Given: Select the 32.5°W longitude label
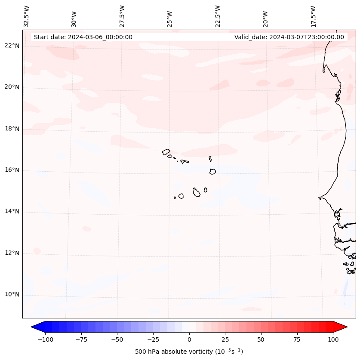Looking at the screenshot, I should click(27, 16).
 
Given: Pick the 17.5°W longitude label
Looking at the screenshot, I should click(313, 16).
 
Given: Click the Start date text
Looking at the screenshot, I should click(83, 37).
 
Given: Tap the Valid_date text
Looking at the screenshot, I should click(289, 37).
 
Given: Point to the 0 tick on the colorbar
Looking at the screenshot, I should click(189, 339).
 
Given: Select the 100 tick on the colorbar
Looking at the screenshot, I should click(333, 339).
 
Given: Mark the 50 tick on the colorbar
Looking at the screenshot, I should click(261, 339).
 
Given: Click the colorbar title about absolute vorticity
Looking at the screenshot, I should click(189, 352).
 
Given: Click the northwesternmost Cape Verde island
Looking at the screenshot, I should click(166, 151).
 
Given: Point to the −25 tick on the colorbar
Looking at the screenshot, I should click(153, 339).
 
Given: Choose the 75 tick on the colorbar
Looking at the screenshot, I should click(297, 339).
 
